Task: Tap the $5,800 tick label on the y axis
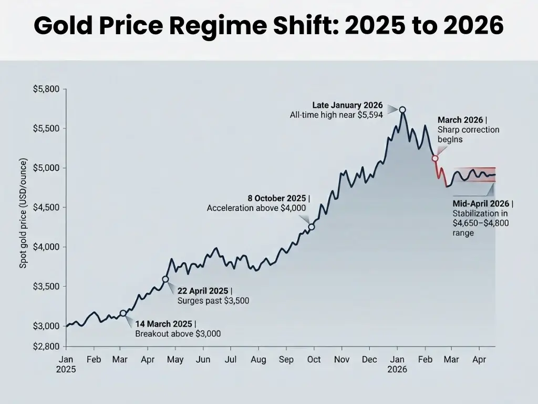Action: [x=47, y=89]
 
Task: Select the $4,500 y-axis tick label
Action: [x=47, y=207]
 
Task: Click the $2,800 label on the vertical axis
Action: [x=47, y=347]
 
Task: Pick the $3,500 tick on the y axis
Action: [x=47, y=287]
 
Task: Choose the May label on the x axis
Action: [x=175, y=360]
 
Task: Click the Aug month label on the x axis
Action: [x=258, y=360]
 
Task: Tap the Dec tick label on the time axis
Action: [x=369, y=360]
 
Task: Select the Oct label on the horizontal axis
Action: [x=314, y=360]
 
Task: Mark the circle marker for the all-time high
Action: [x=402, y=110]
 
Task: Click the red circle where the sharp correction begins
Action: [x=435, y=158]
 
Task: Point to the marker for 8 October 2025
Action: [x=312, y=227]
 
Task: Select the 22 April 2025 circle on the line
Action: [x=165, y=279]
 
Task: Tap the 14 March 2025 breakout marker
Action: [x=123, y=313]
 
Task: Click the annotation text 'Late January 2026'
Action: [x=347, y=105]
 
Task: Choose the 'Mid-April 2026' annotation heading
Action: [x=481, y=204]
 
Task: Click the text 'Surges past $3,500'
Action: [x=213, y=301]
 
